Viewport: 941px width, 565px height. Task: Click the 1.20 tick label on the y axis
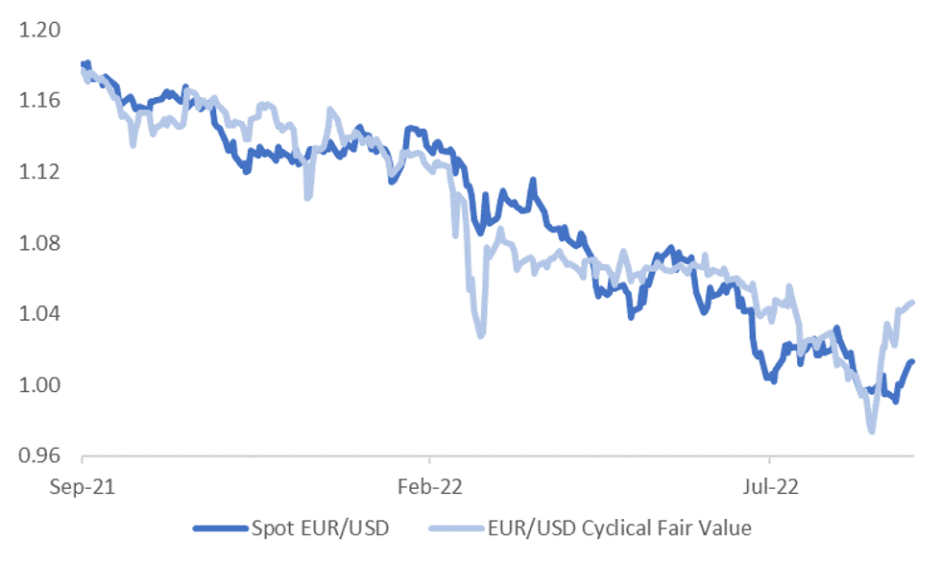[39, 30]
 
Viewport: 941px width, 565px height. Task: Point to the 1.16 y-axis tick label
[39, 101]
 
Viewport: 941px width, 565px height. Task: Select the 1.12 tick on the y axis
[39, 172]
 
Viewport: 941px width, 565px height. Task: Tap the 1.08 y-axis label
[39, 243]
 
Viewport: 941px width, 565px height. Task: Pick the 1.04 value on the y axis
[39, 314]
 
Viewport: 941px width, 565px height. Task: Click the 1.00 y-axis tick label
[39, 385]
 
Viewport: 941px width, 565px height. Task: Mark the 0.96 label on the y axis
[39, 456]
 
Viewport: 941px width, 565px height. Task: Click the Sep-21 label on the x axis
[84, 487]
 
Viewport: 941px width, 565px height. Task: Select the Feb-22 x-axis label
[429, 487]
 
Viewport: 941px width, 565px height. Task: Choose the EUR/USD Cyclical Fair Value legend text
[618, 528]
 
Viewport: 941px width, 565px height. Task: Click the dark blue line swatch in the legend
[220, 528]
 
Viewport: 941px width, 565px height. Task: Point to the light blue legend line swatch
[457, 528]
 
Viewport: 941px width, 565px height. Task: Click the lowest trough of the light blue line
[871, 431]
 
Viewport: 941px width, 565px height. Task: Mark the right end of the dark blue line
[912, 361]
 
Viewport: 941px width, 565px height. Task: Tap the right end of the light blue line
[912, 302]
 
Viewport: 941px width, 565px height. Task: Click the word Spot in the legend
[270, 528]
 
